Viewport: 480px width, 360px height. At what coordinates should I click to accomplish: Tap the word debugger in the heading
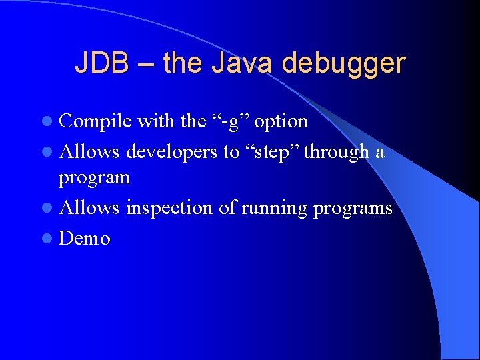(343, 63)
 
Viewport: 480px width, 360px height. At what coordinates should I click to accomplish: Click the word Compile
(95, 121)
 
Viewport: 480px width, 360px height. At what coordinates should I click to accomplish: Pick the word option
(281, 121)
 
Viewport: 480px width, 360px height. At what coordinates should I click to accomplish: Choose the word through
(337, 152)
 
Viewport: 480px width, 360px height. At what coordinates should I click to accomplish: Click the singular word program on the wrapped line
(94, 179)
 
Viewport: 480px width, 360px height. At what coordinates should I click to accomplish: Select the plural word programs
(353, 208)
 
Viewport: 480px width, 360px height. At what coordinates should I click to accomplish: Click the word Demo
(85, 238)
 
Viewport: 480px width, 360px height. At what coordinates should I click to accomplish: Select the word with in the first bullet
(156, 121)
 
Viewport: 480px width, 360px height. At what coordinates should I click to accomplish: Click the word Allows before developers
(89, 152)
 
